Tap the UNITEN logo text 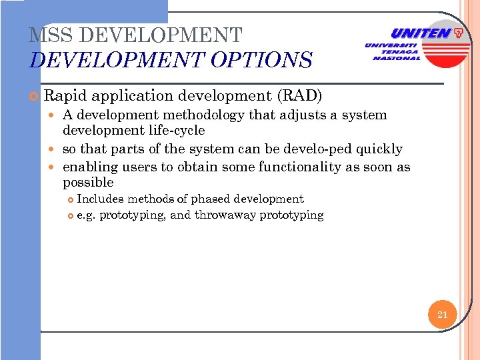pos(421,33)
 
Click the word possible pos(88,182)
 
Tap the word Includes pos(100,199)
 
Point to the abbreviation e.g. pos(86,215)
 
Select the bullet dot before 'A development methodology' pos(55,115)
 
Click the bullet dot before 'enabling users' pos(55,167)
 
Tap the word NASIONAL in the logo pos(397,58)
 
